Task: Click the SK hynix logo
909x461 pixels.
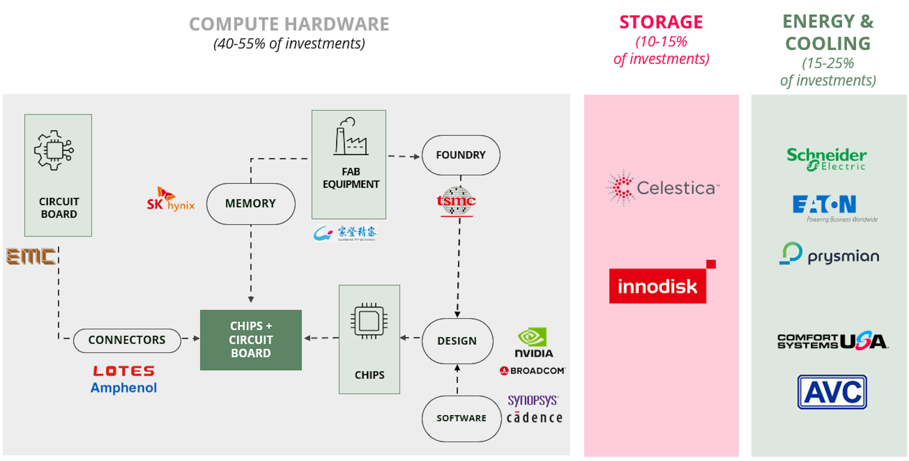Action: point(171,200)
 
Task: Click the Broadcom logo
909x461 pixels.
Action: point(532,371)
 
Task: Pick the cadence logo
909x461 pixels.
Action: point(534,418)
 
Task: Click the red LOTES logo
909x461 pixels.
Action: point(124,371)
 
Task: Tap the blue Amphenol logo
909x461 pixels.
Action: point(124,388)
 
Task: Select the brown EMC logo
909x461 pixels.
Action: point(31,256)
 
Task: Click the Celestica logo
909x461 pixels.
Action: point(662,188)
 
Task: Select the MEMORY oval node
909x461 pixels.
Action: point(250,203)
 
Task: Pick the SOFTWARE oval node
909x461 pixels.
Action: point(461,418)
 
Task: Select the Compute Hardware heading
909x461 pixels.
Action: point(289,24)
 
